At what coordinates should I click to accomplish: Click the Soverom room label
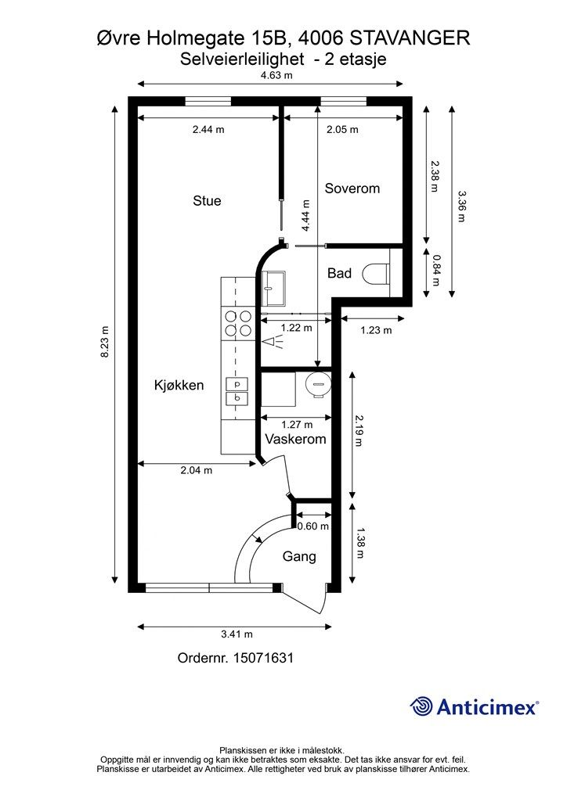pos(352,189)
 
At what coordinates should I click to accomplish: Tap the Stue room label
pos(207,201)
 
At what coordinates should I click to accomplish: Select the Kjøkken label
pos(179,385)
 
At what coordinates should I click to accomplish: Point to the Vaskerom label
pos(295,440)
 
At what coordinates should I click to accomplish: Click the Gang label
pos(299,556)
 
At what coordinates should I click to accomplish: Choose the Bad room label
pos(339,273)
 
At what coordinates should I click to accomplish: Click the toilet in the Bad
pos(376,274)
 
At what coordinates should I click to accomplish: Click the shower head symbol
pos(273,341)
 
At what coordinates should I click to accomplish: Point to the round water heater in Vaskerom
pos(318,384)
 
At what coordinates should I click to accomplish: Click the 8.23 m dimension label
pos(104,342)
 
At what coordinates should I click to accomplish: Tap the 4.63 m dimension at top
pos(276,76)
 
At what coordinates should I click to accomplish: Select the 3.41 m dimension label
pos(237,634)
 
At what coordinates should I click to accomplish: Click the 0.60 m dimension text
pos(313,526)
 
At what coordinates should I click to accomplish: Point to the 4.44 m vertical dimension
pos(305,216)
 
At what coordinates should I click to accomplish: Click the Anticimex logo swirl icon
pos(421,706)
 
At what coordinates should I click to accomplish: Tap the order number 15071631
pos(263,658)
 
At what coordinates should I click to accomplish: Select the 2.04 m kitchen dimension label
pos(197,470)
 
